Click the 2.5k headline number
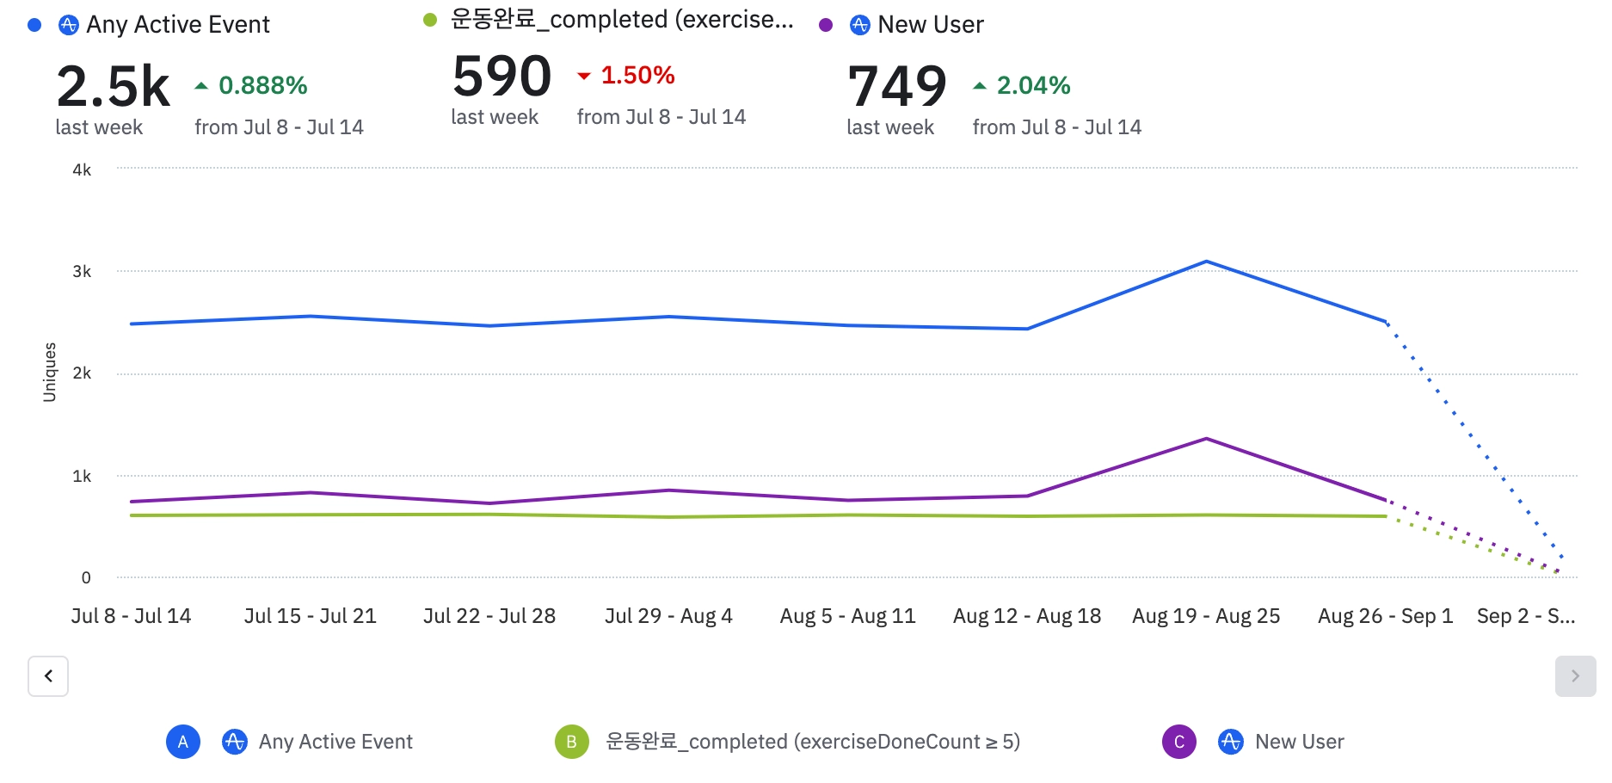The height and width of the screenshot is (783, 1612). coord(113,87)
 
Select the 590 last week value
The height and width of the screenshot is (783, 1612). coord(501,77)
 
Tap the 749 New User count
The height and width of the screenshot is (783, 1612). coord(896,87)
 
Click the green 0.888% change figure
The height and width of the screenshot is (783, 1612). coord(262,85)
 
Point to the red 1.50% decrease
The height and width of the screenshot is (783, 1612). coord(637,76)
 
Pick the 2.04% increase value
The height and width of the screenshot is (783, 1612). coord(1032,85)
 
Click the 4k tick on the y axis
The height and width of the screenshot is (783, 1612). coord(82,170)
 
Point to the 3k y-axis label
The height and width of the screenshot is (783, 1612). coord(82,272)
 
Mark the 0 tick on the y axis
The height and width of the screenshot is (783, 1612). coord(86,578)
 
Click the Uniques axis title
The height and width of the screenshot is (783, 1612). coord(50,373)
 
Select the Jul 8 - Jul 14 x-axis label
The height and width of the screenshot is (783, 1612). coord(131,616)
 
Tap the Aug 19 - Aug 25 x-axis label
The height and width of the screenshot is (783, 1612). coord(1206,616)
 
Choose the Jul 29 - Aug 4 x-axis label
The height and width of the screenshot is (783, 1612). coord(668,616)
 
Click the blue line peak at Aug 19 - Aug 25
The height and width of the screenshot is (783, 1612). coord(1206,262)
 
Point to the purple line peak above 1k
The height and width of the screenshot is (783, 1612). coord(1206,439)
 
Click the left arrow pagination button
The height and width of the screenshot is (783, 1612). coord(48,676)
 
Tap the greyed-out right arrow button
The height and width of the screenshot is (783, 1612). coord(1575,676)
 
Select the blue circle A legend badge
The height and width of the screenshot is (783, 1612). coord(183,742)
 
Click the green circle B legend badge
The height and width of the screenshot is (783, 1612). coord(571,742)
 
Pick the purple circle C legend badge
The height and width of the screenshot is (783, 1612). coord(1178,742)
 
